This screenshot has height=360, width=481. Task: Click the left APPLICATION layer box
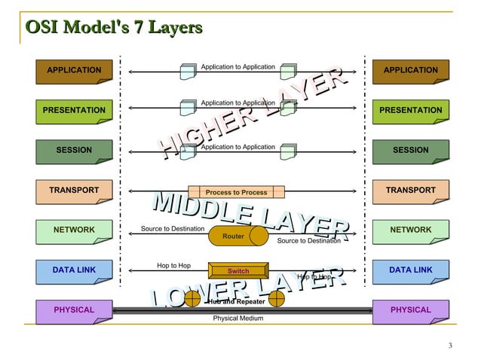click(x=74, y=71)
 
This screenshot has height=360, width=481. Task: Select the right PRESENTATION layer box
click(x=411, y=111)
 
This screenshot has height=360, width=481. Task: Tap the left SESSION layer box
click(x=74, y=151)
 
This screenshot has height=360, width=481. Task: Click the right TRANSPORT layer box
click(x=411, y=191)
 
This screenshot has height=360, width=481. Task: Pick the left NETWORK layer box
click(x=74, y=230)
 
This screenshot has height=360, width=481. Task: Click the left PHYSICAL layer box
click(x=74, y=310)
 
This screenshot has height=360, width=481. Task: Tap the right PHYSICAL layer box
click(x=411, y=310)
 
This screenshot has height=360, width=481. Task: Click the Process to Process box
click(x=236, y=193)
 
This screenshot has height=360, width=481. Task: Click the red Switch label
click(x=238, y=271)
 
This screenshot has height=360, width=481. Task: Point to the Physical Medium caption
click(x=238, y=319)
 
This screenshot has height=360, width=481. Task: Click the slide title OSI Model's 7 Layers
click(x=113, y=28)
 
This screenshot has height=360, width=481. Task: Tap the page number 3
click(x=449, y=346)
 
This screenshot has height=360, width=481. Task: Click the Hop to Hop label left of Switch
click(x=173, y=266)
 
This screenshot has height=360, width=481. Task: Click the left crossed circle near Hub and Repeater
click(x=193, y=299)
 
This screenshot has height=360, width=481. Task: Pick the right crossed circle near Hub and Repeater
click(x=277, y=299)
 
